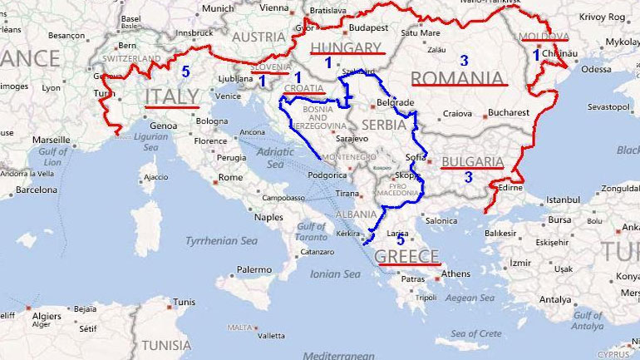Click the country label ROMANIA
[459, 78]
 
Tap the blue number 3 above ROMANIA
[465, 61]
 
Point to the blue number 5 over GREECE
[401, 240]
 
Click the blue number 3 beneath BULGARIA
[468, 177]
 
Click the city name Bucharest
[509, 112]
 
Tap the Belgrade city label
[395, 102]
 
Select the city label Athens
[455, 274]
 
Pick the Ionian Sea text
[337, 274]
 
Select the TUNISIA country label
[166, 344]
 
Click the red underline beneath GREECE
[407, 264]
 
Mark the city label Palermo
[254, 269]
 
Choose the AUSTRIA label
[258, 37]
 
